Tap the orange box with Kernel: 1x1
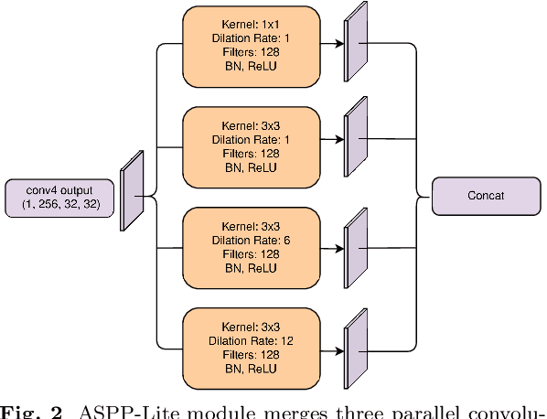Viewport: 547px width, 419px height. tap(252, 43)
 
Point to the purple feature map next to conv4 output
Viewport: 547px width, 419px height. tap(134, 191)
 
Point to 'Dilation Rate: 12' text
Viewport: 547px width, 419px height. tap(252, 339)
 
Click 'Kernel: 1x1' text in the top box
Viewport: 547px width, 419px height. tap(252, 20)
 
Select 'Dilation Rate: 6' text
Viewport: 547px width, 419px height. tap(252, 239)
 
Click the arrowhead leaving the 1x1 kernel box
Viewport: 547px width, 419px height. tap(341, 42)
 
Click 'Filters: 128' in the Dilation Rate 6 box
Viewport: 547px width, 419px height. tap(252, 253)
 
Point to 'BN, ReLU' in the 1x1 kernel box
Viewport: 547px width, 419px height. tap(252, 65)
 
